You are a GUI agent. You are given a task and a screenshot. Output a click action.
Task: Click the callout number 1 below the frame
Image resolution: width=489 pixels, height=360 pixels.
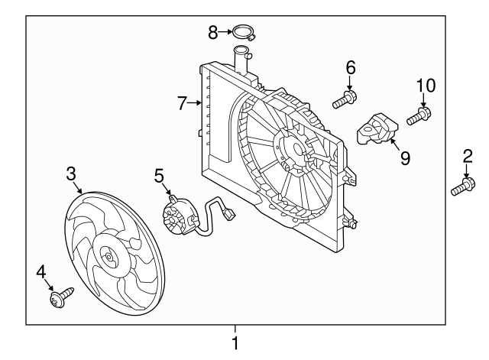click(235, 343)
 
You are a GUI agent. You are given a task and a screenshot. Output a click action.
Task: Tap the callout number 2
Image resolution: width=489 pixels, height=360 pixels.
click(466, 158)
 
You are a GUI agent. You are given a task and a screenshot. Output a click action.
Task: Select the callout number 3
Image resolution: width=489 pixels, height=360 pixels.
click(71, 174)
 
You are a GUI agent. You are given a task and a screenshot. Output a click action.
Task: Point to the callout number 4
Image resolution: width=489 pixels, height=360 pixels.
click(40, 271)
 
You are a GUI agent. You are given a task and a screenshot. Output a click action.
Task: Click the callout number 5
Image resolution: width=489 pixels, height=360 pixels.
click(160, 176)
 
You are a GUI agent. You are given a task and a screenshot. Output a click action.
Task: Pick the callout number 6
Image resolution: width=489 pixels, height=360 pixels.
click(351, 68)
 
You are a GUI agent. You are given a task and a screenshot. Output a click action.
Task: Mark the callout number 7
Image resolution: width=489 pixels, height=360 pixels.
click(182, 103)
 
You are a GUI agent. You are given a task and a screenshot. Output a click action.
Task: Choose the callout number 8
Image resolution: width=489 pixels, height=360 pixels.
click(213, 31)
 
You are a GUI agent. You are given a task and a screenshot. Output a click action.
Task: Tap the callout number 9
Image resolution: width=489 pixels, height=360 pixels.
click(405, 157)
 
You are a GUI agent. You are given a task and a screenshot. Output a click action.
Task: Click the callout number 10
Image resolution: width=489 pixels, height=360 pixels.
click(424, 85)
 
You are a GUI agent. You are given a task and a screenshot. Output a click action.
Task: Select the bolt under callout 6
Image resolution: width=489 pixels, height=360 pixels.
click(345, 99)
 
